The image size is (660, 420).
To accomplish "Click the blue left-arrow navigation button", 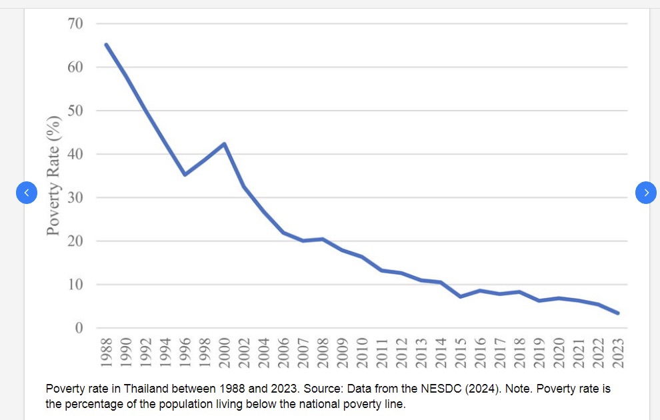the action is tap(27, 193).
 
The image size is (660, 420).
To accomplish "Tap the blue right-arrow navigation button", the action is tap(646, 193).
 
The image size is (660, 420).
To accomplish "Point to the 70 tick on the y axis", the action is tap(75, 23).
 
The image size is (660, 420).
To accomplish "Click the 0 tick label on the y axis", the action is tap(79, 328).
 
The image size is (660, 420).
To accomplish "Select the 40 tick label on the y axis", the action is tap(75, 154).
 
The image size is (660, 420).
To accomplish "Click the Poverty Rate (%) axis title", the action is tap(53, 175).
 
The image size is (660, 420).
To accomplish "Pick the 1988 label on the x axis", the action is tap(106, 353).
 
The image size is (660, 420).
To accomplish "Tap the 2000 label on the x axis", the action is tap(225, 353).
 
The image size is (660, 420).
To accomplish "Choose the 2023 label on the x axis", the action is tap(618, 353).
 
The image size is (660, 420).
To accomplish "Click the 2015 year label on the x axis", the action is tap(461, 353).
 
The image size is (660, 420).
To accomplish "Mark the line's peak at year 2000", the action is tap(225, 144).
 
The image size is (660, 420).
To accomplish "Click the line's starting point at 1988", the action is tap(106, 45).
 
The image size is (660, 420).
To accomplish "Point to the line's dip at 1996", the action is tap(185, 174).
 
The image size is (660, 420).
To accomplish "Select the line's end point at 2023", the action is tap(617, 313).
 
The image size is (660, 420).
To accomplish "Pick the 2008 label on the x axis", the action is tap(323, 353).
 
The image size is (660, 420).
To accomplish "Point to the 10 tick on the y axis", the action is tap(75, 285).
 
